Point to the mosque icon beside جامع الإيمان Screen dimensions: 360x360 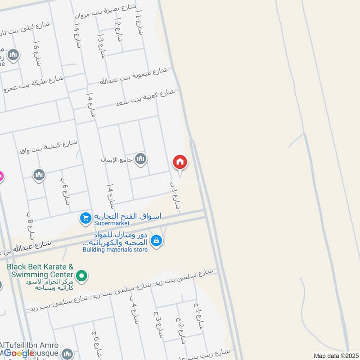[141, 159]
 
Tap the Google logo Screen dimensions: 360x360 [19, 353]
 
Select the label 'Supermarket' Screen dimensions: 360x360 [112, 223]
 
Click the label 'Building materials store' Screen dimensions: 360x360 [115, 250]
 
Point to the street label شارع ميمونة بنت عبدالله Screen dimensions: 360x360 [134, 76]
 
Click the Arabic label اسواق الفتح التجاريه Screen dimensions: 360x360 [127, 216]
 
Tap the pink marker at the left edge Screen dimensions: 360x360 [1, 176]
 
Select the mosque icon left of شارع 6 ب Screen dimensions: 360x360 [39, 175]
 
